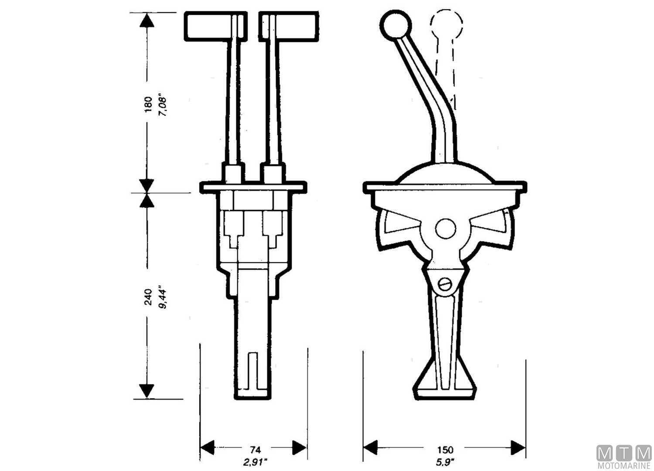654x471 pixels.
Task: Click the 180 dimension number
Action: [x=148, y=105]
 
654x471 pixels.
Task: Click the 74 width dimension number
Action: [x=255, y=449]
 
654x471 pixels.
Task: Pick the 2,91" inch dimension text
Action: [x=256, y=461]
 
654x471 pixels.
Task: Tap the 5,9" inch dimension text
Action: [x=446, y=461]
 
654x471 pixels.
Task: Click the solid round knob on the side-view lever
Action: [x=396, y=24]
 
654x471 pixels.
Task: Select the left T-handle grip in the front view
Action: [x=207, y=27]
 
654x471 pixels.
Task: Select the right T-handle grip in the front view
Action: [x=295, y=27]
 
